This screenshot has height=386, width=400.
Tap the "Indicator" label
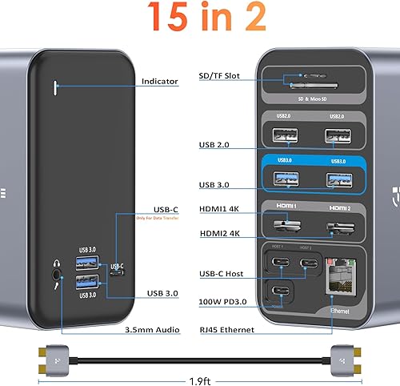pos(159,81)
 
